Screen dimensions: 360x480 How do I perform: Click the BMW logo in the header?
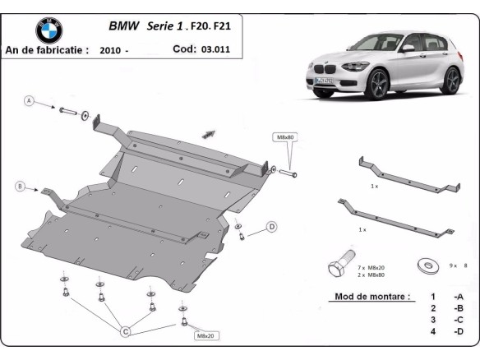point(48,30)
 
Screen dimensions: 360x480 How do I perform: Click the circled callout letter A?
point(30,101)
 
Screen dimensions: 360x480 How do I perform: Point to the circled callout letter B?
point(20,187)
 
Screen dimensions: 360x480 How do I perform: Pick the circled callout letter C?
point(126,332)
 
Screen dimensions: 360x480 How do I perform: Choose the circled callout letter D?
point(271,226)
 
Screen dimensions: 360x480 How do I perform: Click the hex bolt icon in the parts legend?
point(336,267)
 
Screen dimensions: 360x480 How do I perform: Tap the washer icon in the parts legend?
point(426,265)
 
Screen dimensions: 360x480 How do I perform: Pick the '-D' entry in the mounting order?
point(457,332)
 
